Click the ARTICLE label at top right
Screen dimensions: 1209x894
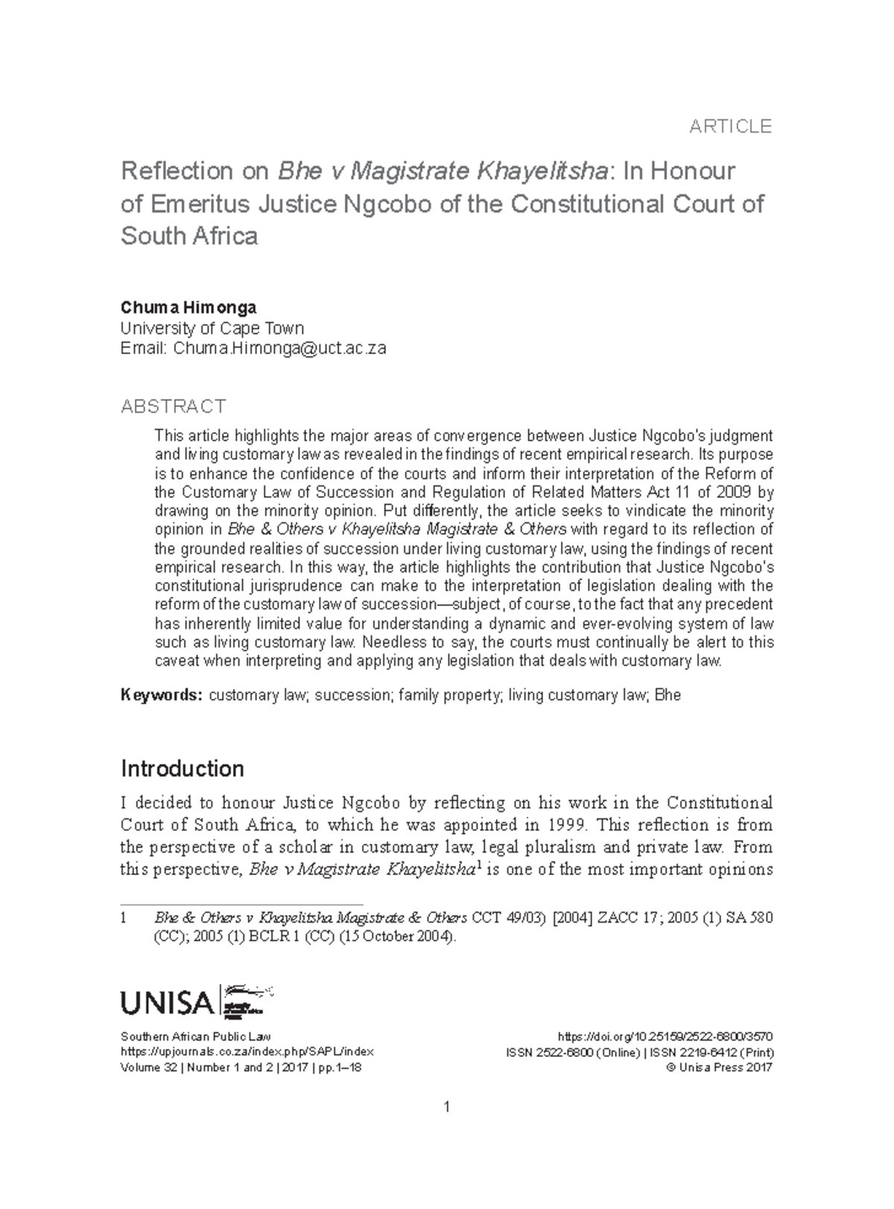729,127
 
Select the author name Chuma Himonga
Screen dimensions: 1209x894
188,308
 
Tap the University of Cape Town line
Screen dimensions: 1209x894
212,328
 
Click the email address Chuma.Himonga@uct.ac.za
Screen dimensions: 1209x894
279,348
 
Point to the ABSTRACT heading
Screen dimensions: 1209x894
173,406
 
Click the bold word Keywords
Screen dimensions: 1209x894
162,695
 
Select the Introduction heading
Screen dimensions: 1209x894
183,768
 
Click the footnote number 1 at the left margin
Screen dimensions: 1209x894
124,918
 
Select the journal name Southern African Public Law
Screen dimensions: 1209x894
195,1036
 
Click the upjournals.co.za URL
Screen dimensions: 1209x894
247,1052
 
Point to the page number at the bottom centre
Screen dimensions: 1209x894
446,1107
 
